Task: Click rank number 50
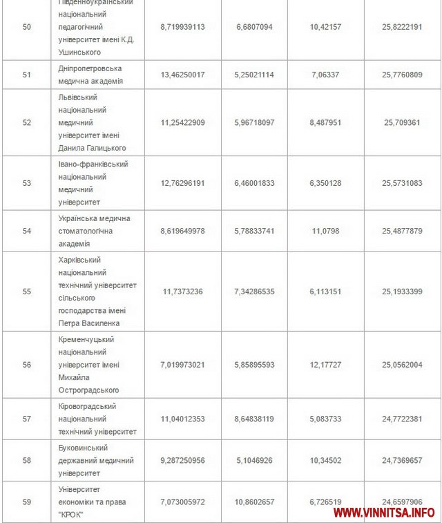27,26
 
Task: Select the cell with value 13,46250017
182,75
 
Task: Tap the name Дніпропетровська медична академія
90,75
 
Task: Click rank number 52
27,122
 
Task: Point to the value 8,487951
325,122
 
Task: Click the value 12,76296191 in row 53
182,183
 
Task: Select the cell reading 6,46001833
255,183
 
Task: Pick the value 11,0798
325,231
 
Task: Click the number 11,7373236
182,292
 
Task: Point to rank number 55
27,292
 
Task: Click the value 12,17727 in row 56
325,364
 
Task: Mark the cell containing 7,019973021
182,364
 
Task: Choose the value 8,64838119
255,419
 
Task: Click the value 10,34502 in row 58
325,460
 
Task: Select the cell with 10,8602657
255,502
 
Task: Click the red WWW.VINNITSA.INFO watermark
384,512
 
